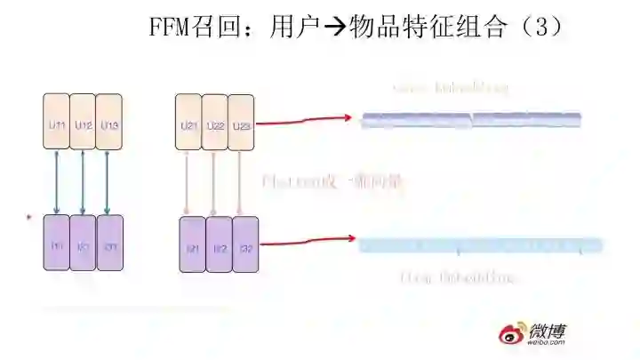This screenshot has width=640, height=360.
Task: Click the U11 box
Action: pyautogui.click(x=57, y=125)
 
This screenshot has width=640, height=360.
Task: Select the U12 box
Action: pyautogui.click(x=83, y=125)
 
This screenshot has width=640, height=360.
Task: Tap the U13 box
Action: pyautogui.click(x=108, y=125)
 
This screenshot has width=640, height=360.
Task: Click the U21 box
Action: pyautogui.click(x=188, y=125)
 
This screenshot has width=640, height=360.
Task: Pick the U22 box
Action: pyautogui.click(x=214, y=125)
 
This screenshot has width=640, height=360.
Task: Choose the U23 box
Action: pyautogui.click(x=241, y=125)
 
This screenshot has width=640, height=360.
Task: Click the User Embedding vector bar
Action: pyautogui.click(x=471, y=120)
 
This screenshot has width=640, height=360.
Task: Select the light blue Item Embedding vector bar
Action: pyautogui.click(x=480, y=244)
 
